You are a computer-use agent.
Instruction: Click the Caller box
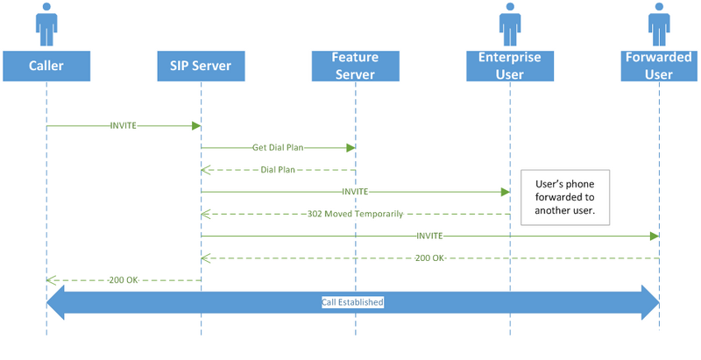(46, 66)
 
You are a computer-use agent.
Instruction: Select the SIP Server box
(201, 66)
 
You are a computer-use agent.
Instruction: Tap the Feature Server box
(356, 66)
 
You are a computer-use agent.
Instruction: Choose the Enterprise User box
(510, 66)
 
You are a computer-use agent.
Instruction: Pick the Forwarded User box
(659, 66)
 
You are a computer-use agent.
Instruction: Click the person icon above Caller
(46, 25)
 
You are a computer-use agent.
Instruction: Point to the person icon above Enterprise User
(510, 25)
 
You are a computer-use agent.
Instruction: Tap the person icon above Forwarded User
(659, 25)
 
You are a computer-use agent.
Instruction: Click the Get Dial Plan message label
(278, 148)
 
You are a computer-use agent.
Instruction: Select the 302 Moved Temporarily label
(356, 214)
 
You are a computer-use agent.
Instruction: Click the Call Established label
(352, 302)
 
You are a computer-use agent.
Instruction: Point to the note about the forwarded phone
(565, 197)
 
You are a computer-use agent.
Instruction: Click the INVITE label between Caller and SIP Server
(124, 125)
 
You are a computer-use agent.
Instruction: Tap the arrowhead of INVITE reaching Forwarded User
(654, 236)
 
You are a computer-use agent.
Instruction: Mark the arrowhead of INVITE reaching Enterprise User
(506, 192)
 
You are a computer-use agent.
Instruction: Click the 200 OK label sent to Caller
(124, 280)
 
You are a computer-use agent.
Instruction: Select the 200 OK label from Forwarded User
(429, 258)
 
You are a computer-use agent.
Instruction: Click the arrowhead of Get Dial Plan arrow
(350, 148)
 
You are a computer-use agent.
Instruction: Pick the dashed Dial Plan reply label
(278, 170)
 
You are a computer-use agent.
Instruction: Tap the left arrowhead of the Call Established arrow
(55, 302)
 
